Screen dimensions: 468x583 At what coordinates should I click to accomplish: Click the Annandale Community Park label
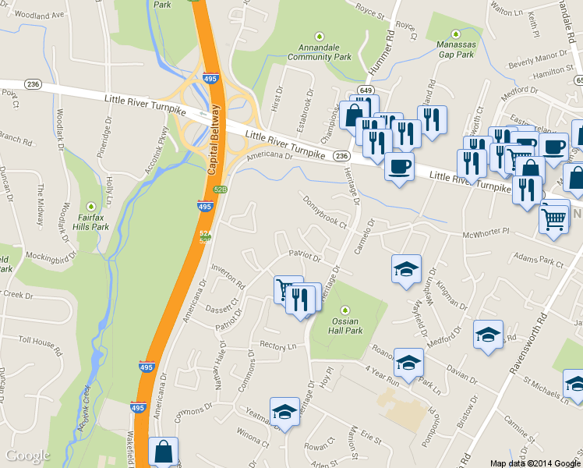(x=320, y=51)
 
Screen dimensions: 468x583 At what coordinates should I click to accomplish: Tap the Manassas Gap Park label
(x=455, y=50)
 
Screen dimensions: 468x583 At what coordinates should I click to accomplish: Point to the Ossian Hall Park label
(x=348, y=325)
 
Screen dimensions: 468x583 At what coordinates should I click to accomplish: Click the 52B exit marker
(x=221, y=190)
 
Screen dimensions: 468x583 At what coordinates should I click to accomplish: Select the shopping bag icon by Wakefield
(x=163, y=451)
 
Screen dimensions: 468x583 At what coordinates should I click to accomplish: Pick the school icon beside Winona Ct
(x=284, y=412)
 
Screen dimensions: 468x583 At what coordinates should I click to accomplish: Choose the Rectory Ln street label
(x=278, y=346)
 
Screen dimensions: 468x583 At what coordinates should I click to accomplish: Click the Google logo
(x=27, y=456)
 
